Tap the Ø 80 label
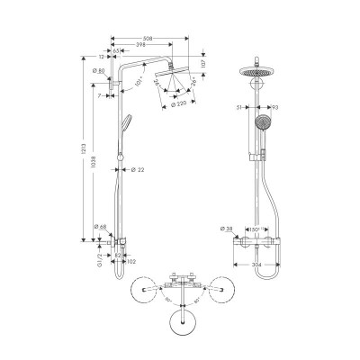(x=99, y=71)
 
